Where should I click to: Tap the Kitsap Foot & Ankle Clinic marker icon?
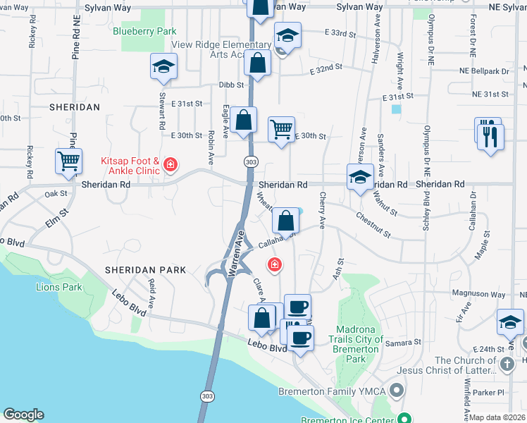pyautogui.click(x=170, y=165)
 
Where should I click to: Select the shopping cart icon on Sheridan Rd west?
pyautogui.click(x=68, y=161)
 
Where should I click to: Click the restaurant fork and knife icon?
pyautogui.click(x=490, y=134)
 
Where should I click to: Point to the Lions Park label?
pyautogui.click(x=59, y=287)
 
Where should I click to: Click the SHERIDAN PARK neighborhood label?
pyautogui.click(x=145, y=269)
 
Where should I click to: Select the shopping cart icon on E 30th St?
pyautogui.click(x=282, y=130)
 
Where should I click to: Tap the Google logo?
pyautogui.click(x=23, y=415)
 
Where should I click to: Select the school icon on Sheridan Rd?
pyautogui.click(x=360, y=177)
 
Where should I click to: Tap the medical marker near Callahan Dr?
pyautogui.click(x=274, y=264)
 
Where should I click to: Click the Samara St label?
pyautogui.click(x=407, y=342)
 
